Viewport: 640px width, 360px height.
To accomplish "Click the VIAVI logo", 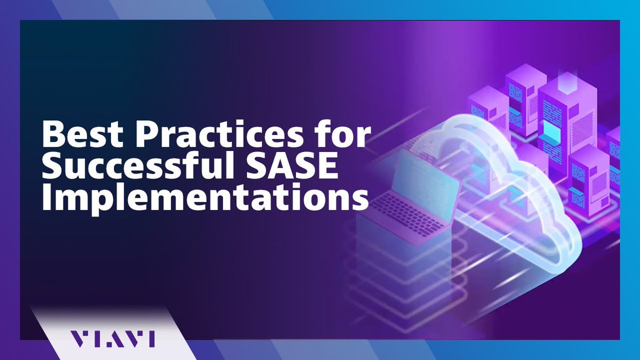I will coord(113,338).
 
